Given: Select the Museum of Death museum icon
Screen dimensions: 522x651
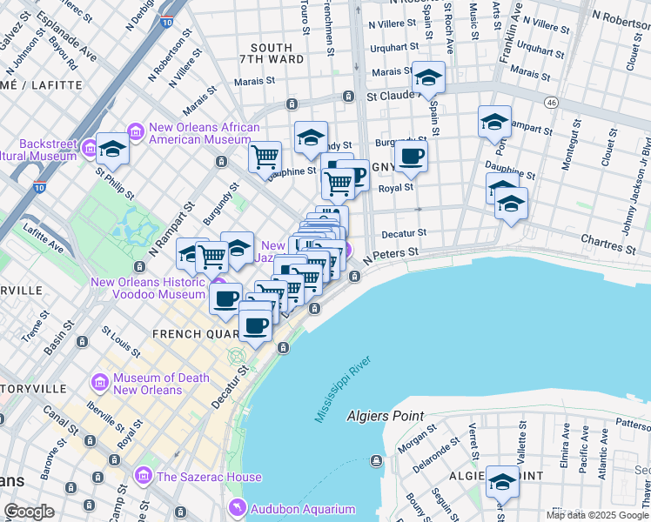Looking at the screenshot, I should (98, 383).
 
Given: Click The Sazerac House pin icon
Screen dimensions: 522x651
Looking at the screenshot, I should (143, 477).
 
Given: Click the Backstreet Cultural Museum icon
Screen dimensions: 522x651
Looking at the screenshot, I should (89, 150).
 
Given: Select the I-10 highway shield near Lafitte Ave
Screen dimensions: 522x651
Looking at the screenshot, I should (39, 186).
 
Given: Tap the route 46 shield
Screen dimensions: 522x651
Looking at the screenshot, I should (551, 103).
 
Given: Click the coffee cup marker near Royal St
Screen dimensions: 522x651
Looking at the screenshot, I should (411, 157).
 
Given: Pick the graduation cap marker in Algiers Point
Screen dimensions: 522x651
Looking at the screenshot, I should (503, 481).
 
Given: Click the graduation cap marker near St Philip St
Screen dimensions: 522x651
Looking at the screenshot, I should (112, 150).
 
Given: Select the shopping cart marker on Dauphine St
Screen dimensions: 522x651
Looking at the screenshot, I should (265, 158).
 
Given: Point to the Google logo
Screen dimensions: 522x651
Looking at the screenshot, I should (29, 512).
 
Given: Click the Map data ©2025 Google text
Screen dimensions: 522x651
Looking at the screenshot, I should (598, 515).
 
